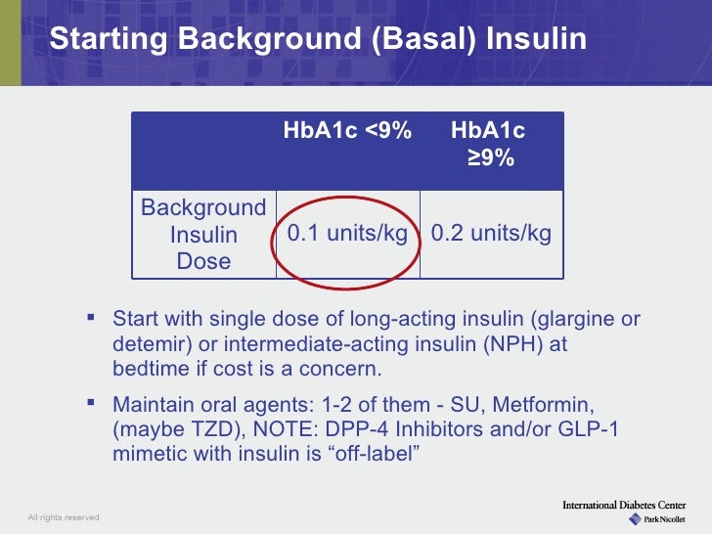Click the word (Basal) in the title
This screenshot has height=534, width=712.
click(x=414, y=39)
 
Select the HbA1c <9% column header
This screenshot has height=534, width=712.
click(x=347, y=131)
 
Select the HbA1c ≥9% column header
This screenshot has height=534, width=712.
click(x=489, y=144)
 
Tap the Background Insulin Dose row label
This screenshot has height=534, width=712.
click(x=203, y=235)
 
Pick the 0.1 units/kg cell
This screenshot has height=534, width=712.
click(x=347, y=234)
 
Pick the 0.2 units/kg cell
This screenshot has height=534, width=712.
click(x=491, y=234)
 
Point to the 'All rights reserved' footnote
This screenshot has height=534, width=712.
click(x=63, y=516)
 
